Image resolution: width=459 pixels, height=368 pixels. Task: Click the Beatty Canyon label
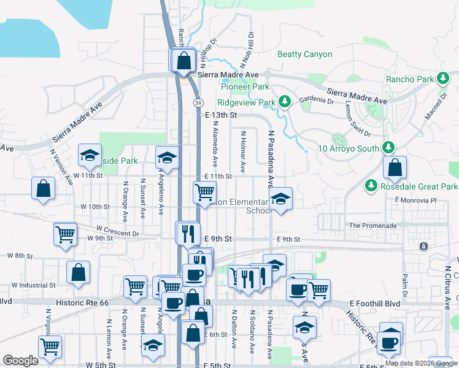304,55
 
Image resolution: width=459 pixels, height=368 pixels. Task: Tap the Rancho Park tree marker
442,79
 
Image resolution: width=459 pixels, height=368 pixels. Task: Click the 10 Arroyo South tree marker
388,147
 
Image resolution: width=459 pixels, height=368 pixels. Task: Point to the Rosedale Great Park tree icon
371,185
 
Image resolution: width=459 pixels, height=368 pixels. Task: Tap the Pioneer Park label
245,87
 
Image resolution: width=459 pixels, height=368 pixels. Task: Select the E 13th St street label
221,115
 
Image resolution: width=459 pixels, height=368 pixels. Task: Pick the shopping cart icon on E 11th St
204,192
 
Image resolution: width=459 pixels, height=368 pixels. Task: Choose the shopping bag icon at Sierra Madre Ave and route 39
183,61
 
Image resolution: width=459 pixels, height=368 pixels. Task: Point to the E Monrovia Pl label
415,201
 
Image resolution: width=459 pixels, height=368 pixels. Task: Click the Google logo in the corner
20,361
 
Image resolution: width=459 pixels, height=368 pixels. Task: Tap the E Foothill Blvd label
375,304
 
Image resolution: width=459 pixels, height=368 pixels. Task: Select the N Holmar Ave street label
243,151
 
